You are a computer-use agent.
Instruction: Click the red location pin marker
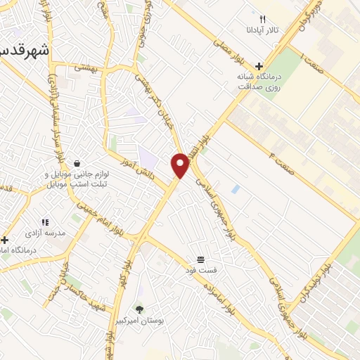coord(181,165)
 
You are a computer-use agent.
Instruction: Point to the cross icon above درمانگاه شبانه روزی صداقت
coord(259,66)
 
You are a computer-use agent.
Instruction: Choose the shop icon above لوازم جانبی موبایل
coord(76,163)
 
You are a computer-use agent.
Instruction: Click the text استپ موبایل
coord(67,184)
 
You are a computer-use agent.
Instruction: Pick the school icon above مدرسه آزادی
coord(45,222)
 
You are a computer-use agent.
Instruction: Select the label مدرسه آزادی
coord(45,232)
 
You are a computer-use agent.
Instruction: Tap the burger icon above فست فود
coord(201,259)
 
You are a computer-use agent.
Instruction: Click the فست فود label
coord(201,270)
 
